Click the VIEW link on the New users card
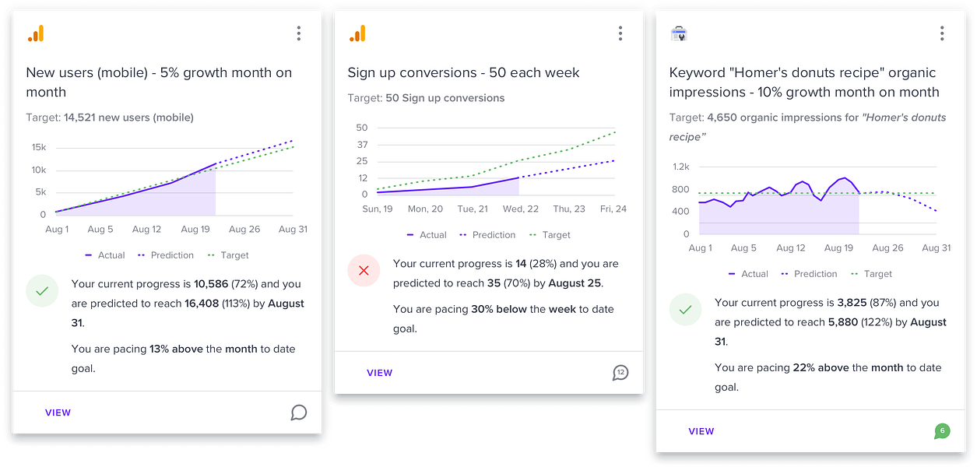[58, 413]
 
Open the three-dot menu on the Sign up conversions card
[620, 33]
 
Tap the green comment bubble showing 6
[942, 431]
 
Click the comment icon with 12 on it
[620, 373]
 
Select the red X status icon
[364, 271]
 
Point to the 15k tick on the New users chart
[39, 147]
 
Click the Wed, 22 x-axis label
[520, 209]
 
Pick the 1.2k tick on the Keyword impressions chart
[681, 167]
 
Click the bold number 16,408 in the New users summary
[202, 304]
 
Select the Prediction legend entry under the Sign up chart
[487, 235]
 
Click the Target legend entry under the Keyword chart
[871, 274]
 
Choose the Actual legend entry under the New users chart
[104, 255]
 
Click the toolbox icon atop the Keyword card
[679, 33]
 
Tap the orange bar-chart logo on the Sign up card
[357, 33]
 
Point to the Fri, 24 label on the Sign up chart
[613, 209]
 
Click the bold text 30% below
[499, 309]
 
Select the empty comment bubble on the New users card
[299, 413]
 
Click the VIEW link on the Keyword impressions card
[701, 431]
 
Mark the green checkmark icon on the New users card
[42, 291]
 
